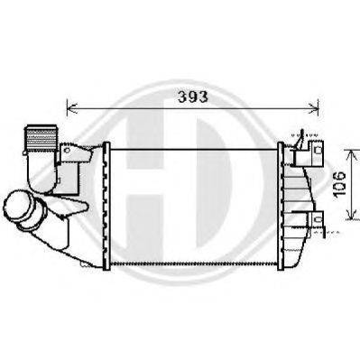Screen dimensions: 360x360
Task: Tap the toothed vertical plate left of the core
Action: [106, 203]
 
